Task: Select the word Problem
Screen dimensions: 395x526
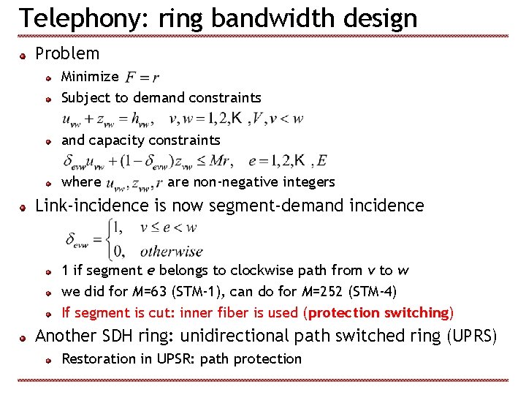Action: tap(67, 53)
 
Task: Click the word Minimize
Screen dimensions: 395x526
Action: tap(90, 76)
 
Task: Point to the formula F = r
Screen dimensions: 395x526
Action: tap(142, 77)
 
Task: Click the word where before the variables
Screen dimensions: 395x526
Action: tap(81, 181)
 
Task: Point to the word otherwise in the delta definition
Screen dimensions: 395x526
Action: tap(171, 251)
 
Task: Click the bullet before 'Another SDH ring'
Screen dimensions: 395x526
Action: tap(24, 338)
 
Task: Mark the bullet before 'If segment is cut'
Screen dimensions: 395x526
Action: tap(48, 314)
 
